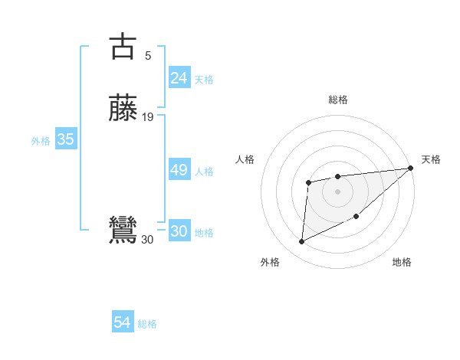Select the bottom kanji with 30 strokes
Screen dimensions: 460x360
pyautogui.click(x=124, y=230)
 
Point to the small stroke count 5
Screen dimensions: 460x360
pyautogui.click(x=148, y=55)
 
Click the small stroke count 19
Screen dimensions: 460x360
pyautogui.click(x=148, y=116)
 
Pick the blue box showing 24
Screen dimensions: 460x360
pyautogui.click(x=179, y=77)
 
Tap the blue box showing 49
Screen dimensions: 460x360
pyautogui.click(x=179, y=170)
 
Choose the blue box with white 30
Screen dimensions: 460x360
pyautogui.click(x=179, y=231)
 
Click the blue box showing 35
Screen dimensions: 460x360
pyautogui.click(x=65, y=139)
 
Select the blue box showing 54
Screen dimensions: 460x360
pyautogui.click(x=123, y=322)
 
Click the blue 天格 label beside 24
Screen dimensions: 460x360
pyautogui.click(x=204, y=80)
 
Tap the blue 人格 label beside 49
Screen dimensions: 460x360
pyautogui.click(x=204, y=172)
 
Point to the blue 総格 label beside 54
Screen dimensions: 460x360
pyautogui.click(x=147, y=324)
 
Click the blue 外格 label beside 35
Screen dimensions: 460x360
pyautogui.click(x=41, y=141)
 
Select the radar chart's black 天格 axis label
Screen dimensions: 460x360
pyautogui.click(x=431, y=159)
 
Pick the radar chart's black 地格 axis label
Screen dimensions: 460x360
pyautogui.click(x=402, y=263)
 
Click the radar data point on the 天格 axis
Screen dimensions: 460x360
pyautogui.click(x=410, y=169)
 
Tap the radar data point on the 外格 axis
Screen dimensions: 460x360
pyautogui.click(x=301, y=242)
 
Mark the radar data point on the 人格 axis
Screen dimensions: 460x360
pyautogui.click(x=308, y=182)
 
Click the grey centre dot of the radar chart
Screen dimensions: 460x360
pyautogui.click(x=337, y=191)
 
